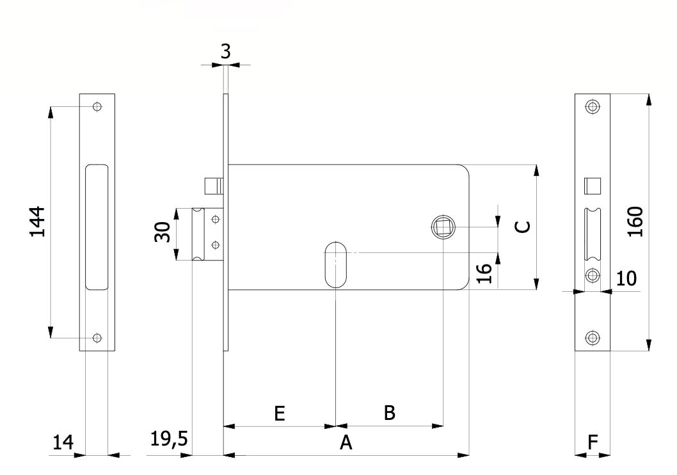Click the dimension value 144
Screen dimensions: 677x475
coord(38,221)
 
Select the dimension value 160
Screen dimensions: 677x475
coord(635,222)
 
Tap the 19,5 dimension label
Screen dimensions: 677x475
coord(169,439)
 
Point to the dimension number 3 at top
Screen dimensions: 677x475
coord(225,51)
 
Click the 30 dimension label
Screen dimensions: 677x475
coord(163,232)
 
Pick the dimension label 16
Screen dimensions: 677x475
coord(484,273)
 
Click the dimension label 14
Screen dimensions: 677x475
coord(63,442)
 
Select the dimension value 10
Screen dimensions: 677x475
coord(626,278)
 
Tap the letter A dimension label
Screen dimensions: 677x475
coord(346,442)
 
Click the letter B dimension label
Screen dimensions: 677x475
coord(390,413)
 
